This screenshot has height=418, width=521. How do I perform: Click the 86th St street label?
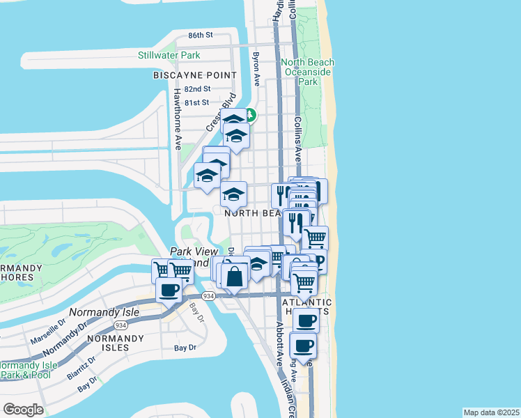click(x=200, y=35)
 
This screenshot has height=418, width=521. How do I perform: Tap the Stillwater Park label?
click(x=169, y=55)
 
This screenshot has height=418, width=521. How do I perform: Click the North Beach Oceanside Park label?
click(x=307, y=72)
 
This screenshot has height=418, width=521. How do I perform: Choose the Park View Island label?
click(x=190, y=257)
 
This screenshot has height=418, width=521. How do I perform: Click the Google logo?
click(x=23, y=410)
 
